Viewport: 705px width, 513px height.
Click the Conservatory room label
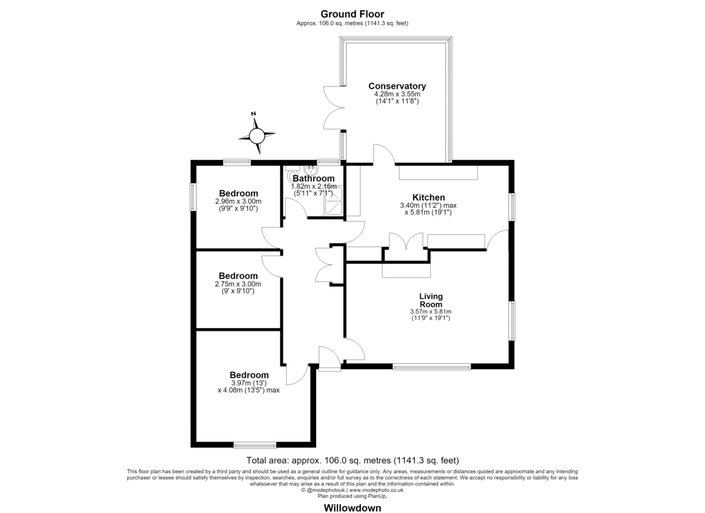click(397, 86)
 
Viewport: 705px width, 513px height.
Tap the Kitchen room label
click(428, 197)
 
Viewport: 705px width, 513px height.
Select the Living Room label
click(431, 300)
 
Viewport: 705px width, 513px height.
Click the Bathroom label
click(314, 179)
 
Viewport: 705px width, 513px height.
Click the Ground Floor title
click(352, 14)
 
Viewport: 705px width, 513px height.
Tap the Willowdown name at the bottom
click(352, 508)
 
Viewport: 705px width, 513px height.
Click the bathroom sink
click(311, 170)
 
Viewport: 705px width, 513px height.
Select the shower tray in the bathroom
click(333, 201)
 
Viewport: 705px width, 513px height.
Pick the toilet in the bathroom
click(292, 173)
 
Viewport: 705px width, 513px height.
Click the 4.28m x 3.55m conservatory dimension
click(397, 94)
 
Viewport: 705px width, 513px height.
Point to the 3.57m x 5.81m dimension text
click(431, 311)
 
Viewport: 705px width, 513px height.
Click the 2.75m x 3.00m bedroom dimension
click(238, 284)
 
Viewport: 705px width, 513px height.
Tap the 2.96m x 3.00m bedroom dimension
click(239, 201)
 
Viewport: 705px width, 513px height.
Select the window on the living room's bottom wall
click(431, 366)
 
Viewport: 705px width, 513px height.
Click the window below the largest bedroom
click(255, 445)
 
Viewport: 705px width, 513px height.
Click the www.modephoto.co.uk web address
click(376, 490)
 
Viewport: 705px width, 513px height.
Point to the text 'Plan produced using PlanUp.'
click(352, 496)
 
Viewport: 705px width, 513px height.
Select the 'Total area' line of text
click(352, 461)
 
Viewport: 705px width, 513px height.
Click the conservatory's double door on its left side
click(333, 108)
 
